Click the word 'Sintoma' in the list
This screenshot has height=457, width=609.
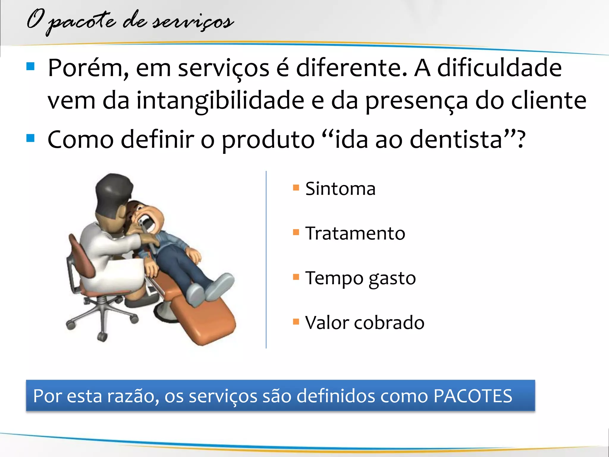340,189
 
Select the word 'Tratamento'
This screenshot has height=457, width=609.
355,233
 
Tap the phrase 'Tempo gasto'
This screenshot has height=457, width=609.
360,278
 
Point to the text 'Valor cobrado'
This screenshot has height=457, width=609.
365,323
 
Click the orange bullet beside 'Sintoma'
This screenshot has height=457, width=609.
296,187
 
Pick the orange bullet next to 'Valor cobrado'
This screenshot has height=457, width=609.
296,321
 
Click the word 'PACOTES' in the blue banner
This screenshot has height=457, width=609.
473,396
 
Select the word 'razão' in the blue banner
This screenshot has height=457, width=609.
131,396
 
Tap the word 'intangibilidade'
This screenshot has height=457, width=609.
220,101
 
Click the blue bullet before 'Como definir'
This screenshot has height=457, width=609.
30,138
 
